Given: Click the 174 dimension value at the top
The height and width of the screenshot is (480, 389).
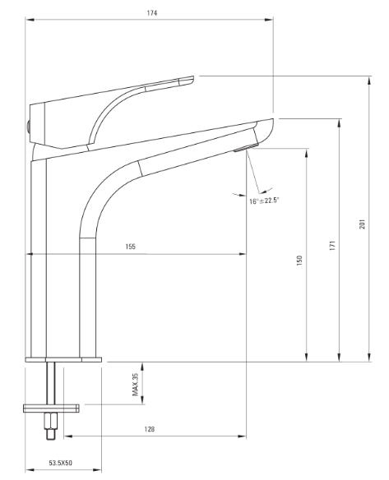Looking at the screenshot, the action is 152,13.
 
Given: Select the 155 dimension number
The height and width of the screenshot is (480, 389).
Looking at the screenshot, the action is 131,247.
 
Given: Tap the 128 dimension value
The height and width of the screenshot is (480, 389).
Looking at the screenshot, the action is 150,429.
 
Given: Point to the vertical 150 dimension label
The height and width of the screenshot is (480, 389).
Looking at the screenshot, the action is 299,261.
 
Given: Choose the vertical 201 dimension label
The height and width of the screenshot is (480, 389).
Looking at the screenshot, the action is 363,224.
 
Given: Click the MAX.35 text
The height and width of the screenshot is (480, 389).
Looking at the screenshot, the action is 136,384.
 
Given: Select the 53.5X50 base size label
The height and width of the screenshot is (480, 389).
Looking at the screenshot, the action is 61,463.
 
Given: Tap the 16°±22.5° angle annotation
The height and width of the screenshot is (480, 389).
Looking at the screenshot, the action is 264,201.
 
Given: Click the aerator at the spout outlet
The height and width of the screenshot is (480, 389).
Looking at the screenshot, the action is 246,147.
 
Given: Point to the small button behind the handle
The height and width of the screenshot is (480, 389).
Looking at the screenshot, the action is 28,127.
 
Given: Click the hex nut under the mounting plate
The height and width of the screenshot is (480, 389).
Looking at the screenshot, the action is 51,421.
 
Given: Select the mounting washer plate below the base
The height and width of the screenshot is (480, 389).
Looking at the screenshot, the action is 51,408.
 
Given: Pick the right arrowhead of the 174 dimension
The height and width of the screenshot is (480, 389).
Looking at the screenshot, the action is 269,20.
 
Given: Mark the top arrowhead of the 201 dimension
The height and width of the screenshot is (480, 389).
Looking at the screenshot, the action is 370,81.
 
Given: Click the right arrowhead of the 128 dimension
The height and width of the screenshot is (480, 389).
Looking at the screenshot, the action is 242,436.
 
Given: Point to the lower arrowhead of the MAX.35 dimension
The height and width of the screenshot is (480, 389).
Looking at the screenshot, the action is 142,399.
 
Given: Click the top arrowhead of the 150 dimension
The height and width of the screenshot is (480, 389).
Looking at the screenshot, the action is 306,153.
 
